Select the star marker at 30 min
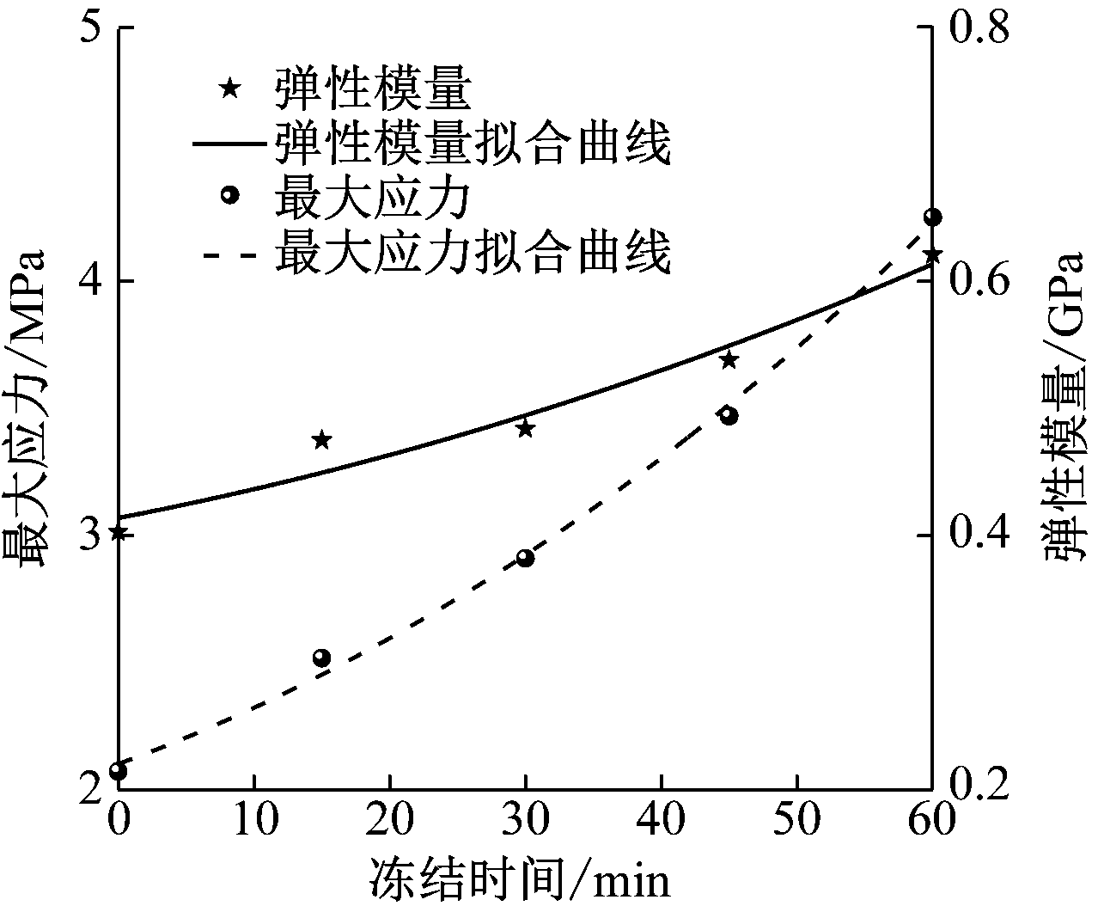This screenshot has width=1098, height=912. pos(525,428)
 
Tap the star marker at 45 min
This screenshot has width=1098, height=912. pos(729,360)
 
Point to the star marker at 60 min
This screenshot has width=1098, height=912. pos(931,255)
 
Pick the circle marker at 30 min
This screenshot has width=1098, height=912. pos(525,558)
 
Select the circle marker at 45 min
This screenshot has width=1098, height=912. pos(729,416)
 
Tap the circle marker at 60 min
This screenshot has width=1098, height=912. pos(931,217)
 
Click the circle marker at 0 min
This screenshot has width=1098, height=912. pos(119,771)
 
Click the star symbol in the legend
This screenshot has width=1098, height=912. pos(229,88)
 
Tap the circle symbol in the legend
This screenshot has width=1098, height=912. pos(229,195)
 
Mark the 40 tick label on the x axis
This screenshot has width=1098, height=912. pos(661,820)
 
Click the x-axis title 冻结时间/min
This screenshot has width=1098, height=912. pos(521,879)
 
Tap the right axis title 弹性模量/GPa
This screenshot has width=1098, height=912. pos(1065,409)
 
